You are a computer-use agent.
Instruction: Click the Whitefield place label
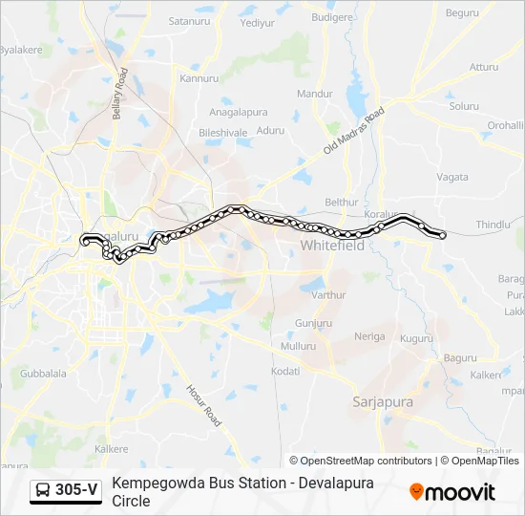(332, 246)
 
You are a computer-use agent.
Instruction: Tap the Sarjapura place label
(383, 402)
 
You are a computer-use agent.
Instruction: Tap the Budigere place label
(331, 17)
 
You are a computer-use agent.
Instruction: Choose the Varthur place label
(329, 295)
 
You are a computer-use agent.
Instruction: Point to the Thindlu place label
(493, 224)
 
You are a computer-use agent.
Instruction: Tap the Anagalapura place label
(239, 112)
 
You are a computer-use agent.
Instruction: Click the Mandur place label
(315, 94)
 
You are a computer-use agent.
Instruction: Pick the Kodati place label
(285, 371)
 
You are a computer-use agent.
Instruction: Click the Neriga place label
(369, 336)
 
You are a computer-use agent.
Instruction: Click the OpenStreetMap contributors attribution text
(360, 461)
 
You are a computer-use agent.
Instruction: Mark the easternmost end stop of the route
(443, 235)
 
